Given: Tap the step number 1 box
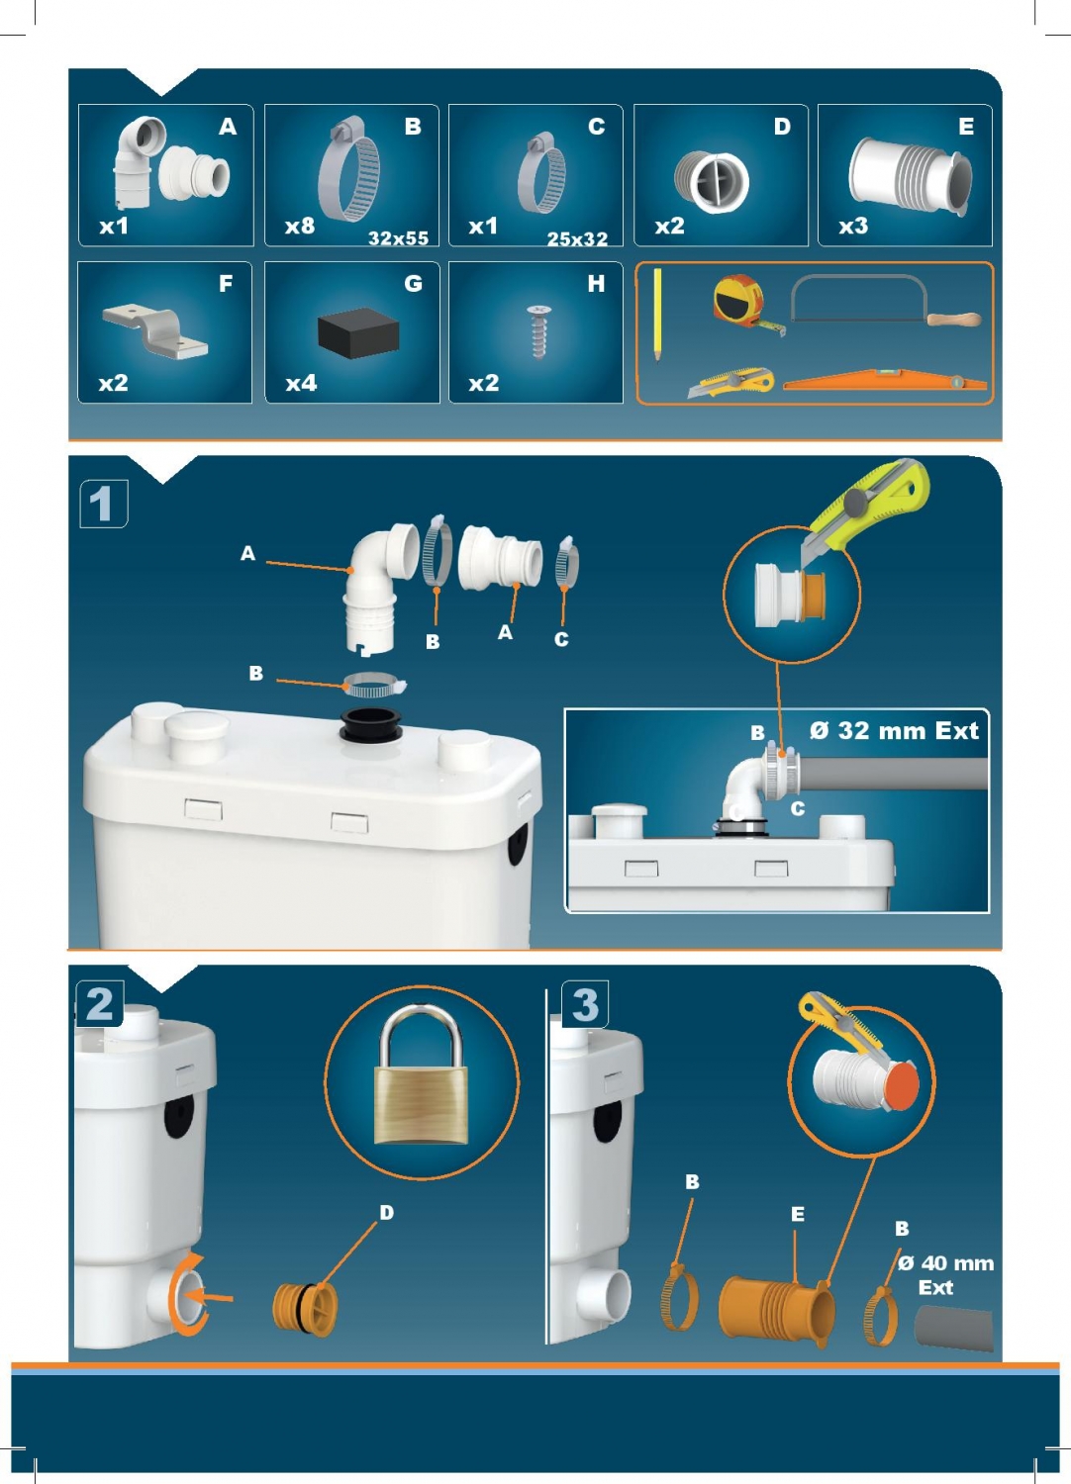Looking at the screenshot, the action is click(x=103, y=505).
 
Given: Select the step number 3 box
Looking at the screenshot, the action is click(x=585, y=1004).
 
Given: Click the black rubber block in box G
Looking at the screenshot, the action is click(x=358, y=332).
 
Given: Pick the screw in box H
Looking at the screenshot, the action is click(x=538, y=331).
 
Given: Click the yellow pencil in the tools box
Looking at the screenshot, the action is click(x=657, y=315).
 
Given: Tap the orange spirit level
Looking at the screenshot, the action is click(x=885, y=380).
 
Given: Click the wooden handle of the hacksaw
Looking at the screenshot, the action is click(x=953, y=320).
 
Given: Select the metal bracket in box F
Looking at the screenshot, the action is click(x=155, y=330).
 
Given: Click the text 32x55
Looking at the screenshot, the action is click(x=398, y=237).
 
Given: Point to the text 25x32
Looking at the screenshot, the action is click(x=577, y=238).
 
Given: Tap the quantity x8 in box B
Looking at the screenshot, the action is click(x=300, y=226).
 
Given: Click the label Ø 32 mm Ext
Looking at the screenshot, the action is click(x=894, y=730).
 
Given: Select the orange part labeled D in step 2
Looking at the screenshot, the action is click(x=306, y=1309).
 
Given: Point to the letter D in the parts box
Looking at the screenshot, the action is click(x=782, y=126).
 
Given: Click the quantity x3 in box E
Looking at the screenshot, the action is click(x=853, y=226).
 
